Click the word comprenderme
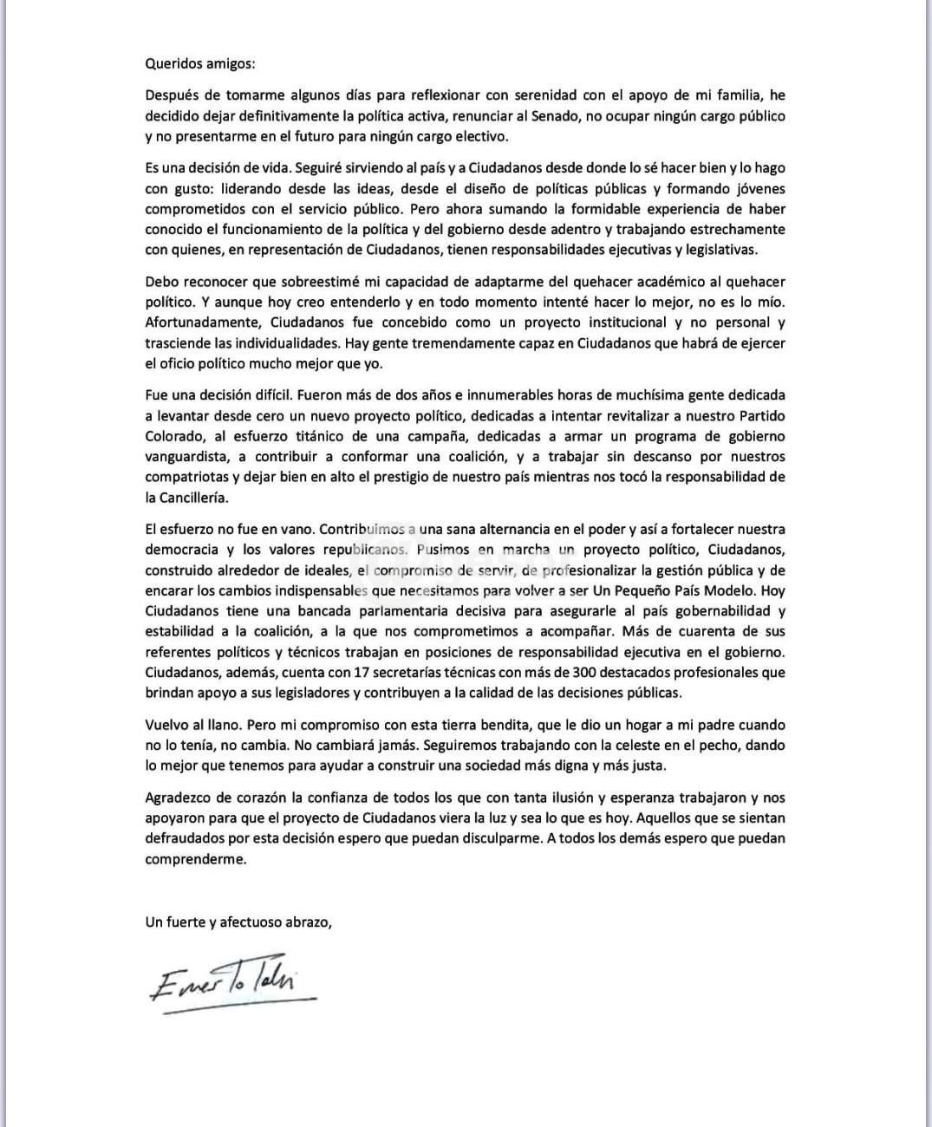click(196, 859)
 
